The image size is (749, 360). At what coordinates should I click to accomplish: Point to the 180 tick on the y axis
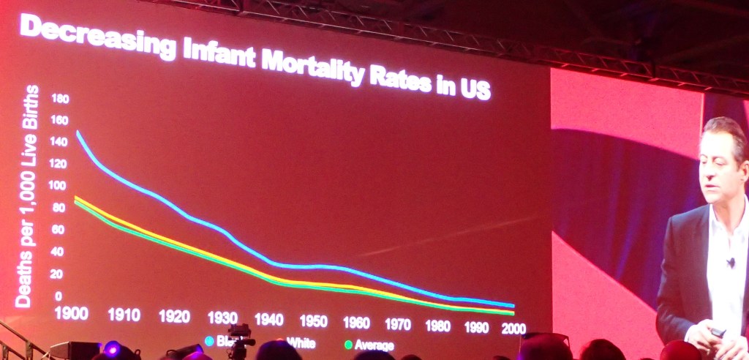pos(59,98)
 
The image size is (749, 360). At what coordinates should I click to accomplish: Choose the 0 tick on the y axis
pos(58,296)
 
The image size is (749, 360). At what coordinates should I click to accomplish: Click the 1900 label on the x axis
pos(72,313)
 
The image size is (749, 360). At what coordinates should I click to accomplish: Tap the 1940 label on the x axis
pos(268,320)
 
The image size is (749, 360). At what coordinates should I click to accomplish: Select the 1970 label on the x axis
pos(398,323)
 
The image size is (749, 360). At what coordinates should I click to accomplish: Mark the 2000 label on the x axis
pos(513,329)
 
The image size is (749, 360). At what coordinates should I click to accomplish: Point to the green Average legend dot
pos(348,344)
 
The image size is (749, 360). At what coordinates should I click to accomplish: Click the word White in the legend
pos(301,342)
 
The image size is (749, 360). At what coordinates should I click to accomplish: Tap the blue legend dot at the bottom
pos(209,341)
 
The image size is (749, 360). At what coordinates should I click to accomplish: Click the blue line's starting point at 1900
pos(78,132)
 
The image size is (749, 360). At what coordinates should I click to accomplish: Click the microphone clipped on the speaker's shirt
pos(730,261)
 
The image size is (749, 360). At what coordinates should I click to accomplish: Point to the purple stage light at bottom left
pos(112,348)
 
